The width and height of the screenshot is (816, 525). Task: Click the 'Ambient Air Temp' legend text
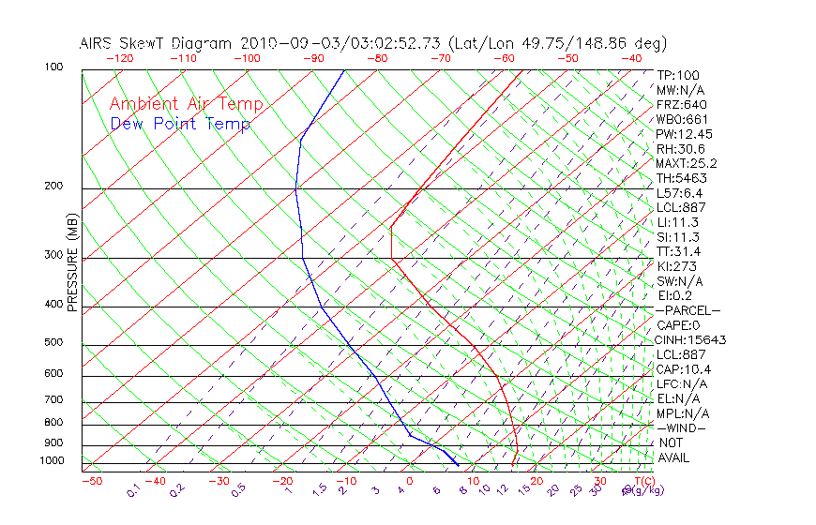click(186, 104)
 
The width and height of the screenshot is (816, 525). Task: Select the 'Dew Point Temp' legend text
click(180, 124)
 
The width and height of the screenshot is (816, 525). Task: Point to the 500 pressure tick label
click(54, 342)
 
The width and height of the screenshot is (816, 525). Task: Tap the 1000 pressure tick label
click(52, 461)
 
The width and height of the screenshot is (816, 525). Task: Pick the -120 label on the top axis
click(119, 57)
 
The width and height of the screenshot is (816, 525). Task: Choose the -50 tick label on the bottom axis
click(91, 481)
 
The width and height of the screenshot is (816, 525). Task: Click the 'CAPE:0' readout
click(679, 325)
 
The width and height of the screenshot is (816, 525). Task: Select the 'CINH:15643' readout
click(691, 339)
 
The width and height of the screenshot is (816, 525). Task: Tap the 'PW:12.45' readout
click(684, 134)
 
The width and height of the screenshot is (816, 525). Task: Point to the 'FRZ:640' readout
click(682, 105)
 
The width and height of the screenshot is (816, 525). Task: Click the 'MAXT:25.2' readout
click(688, 163)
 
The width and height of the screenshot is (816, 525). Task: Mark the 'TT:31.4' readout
click(679, 251)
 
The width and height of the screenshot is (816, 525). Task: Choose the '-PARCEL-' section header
click(688, 310)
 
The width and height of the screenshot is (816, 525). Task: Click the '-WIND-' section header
click(682, 427)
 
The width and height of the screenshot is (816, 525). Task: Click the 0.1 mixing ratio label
click(134, 490)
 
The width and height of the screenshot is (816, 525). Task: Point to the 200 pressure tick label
click(54, 186)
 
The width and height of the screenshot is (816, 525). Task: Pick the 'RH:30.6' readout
click(681, 149)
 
